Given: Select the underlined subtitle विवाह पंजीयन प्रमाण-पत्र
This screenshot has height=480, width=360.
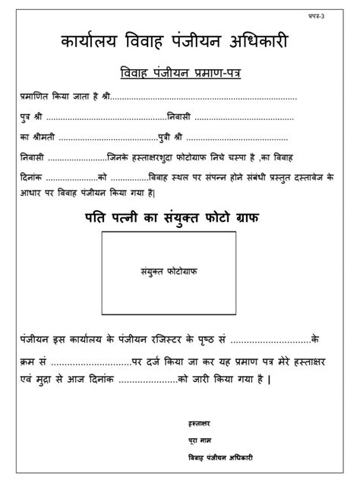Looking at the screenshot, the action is click(179, 73).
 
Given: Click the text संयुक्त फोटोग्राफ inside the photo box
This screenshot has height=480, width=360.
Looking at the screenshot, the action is click(169, 269).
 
